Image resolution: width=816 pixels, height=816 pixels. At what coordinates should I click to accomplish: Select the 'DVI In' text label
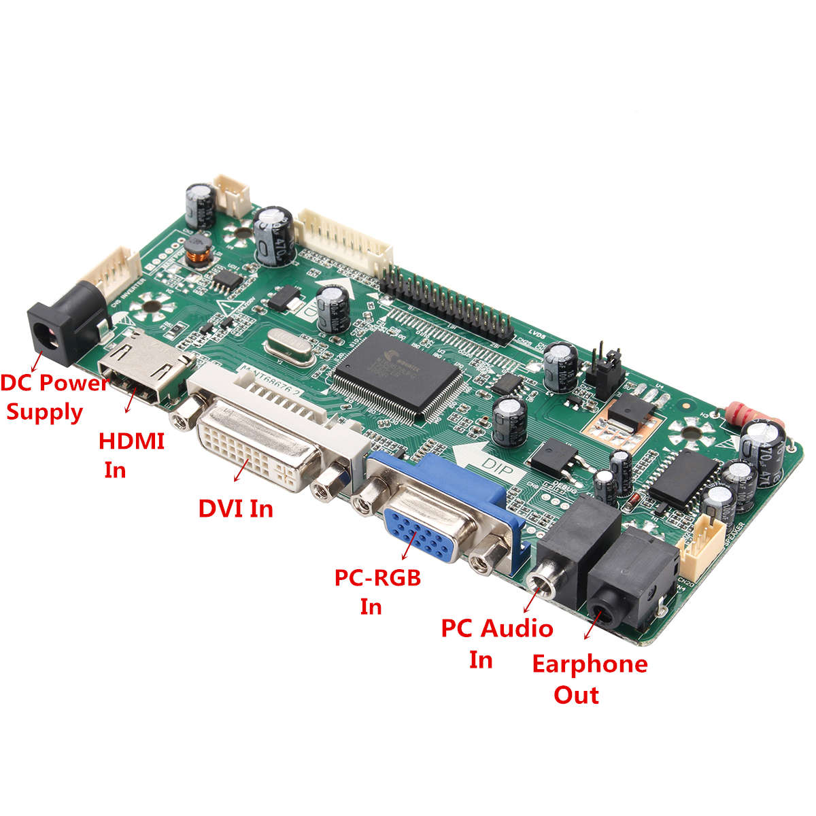click(x=235, y=508)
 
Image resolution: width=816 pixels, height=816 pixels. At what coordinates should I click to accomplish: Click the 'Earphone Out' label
click(x=589, y=679)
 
